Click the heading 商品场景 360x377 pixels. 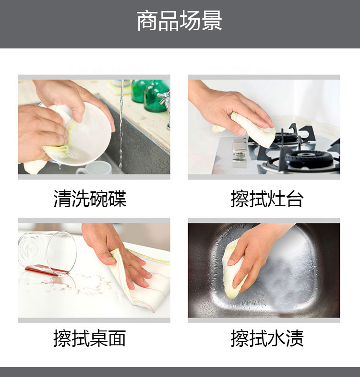click(179, 21)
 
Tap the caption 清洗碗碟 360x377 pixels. click(90, 199)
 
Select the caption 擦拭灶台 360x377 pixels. click(267, 199)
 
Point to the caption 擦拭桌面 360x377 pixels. click(90, 338)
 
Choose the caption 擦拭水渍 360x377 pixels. click(267, 338)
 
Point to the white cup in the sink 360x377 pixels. click(95, 168)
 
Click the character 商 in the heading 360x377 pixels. click(147, 21)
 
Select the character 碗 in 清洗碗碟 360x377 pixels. click(99, 199)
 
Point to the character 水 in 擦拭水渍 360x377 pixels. click(276, 338)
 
